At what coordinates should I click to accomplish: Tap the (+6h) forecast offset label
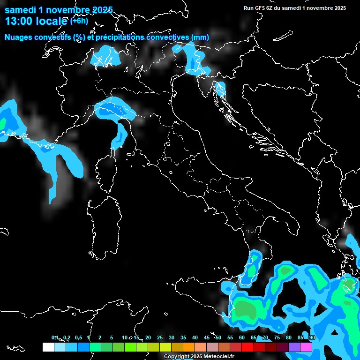78,21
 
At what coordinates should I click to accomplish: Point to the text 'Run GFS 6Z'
258,8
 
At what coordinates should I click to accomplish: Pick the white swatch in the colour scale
48,347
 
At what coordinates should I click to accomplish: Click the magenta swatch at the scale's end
306,347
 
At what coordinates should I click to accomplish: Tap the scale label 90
312,338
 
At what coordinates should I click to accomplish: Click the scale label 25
160,338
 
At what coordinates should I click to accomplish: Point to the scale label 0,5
78,338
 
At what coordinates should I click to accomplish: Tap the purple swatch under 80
294,347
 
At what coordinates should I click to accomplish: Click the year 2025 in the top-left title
100,9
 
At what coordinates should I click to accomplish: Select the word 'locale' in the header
52,21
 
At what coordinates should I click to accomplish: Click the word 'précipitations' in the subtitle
120,37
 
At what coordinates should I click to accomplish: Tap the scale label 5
112,338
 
